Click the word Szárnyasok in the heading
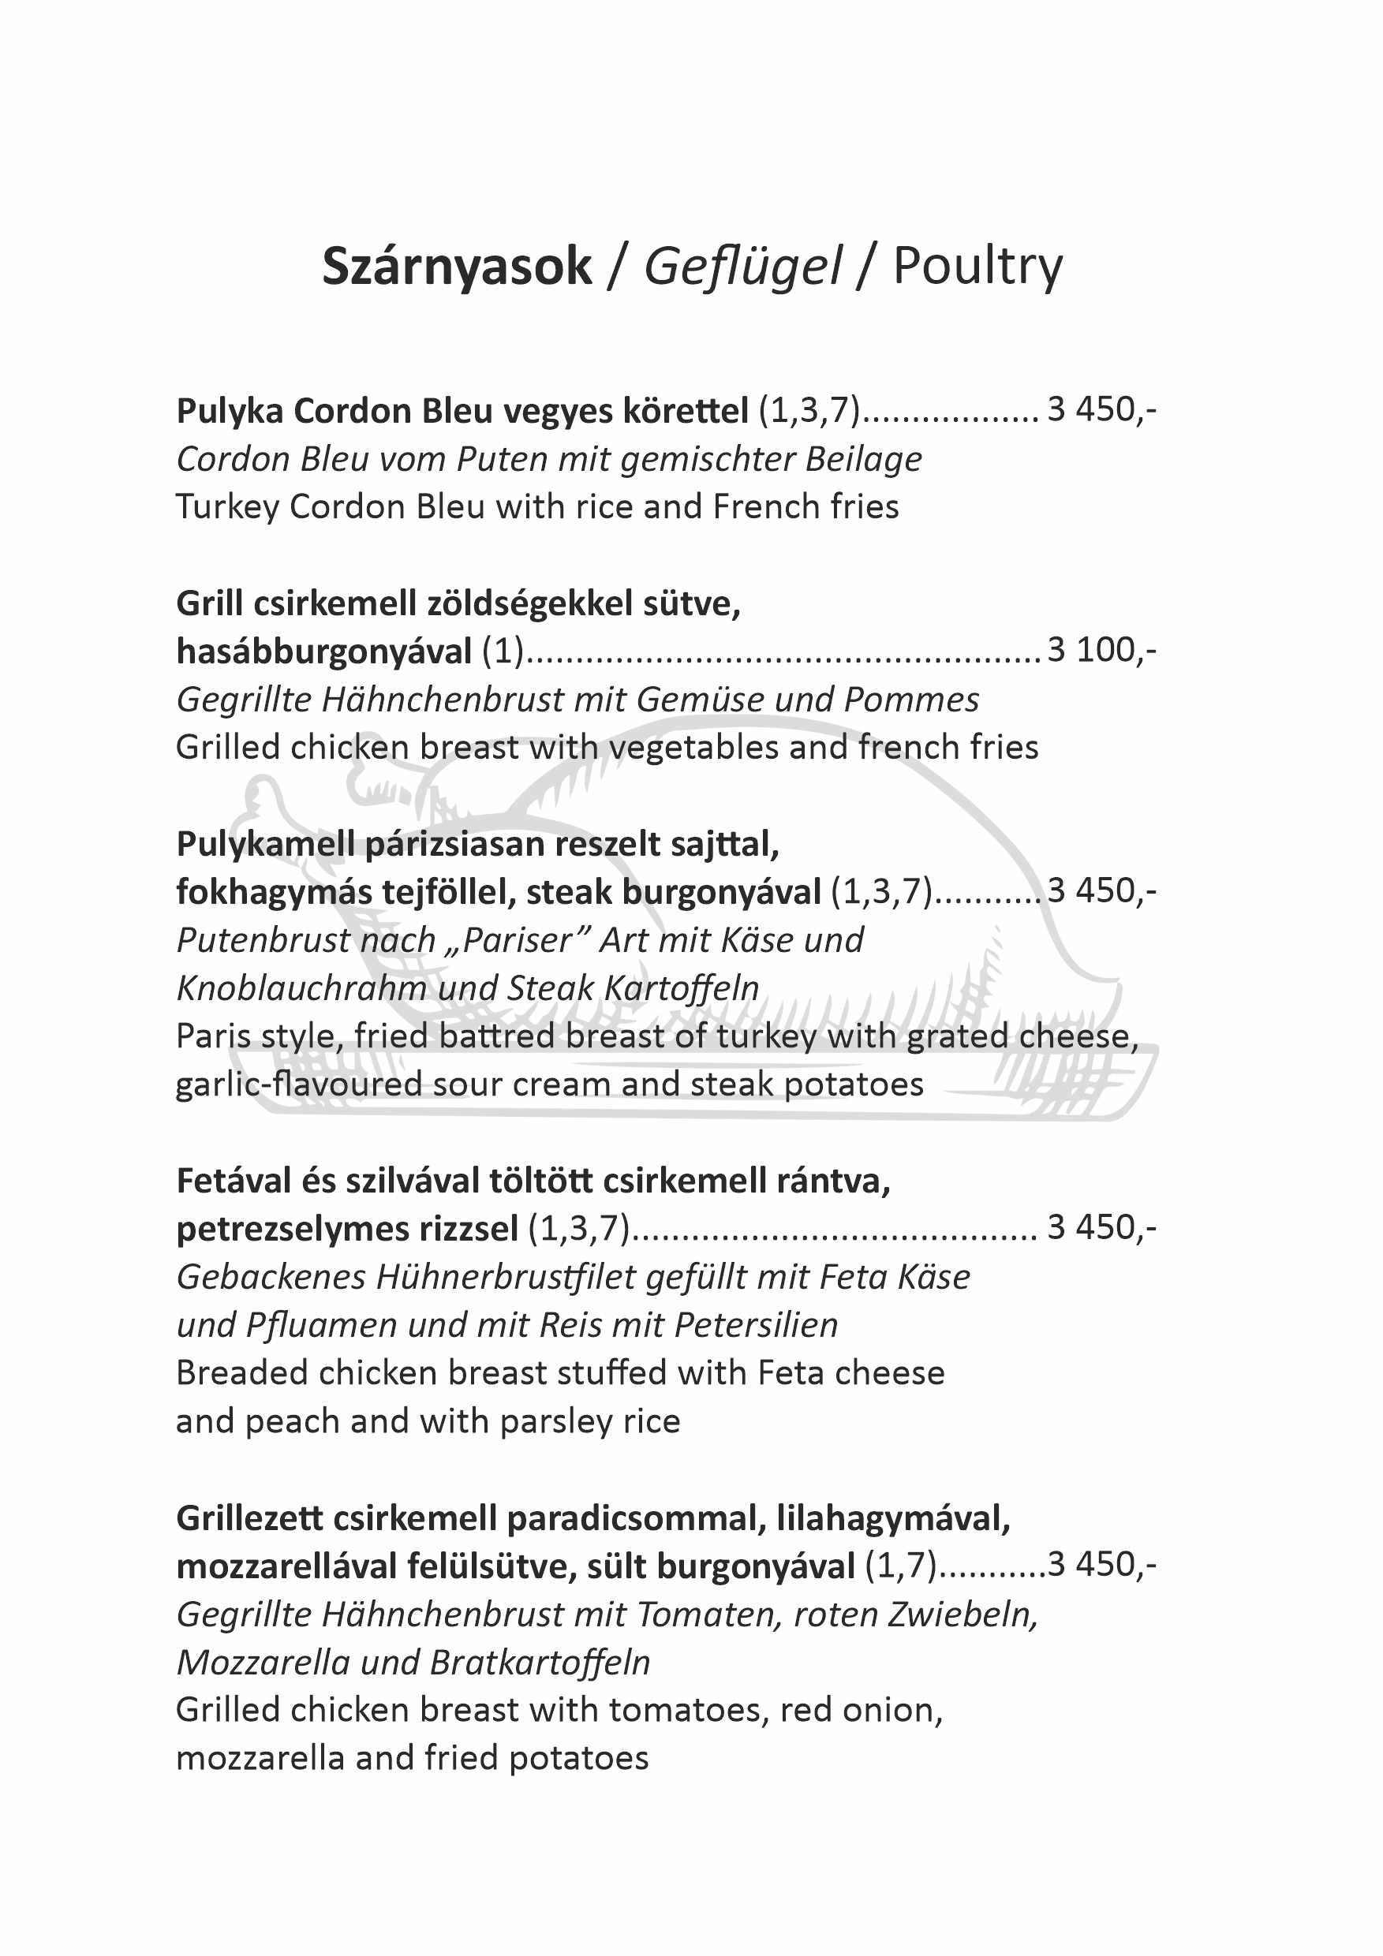click(456, 267)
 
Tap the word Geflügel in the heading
click(742, 267)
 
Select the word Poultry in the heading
click(977, 267)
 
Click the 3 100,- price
click(1101, 651)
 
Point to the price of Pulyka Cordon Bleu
click(1101, 411)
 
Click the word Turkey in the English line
click(227, 508)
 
